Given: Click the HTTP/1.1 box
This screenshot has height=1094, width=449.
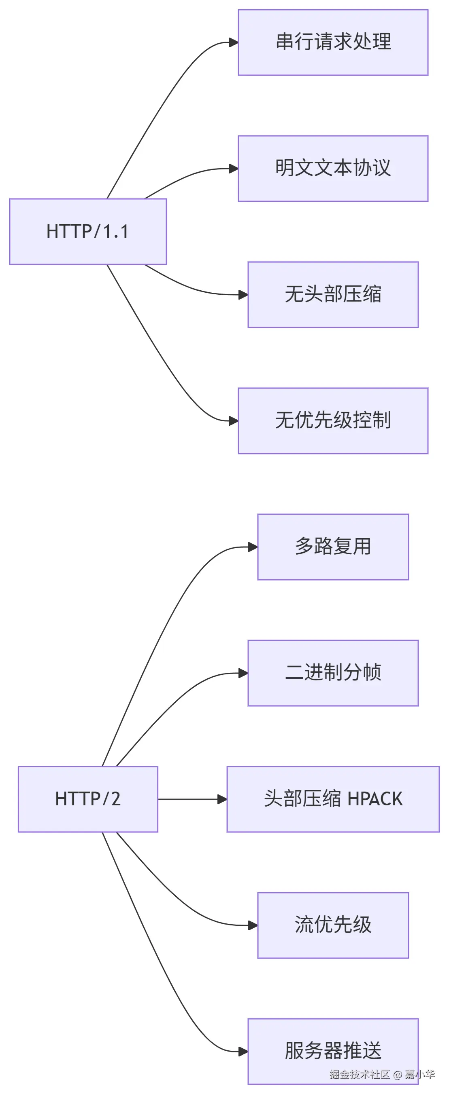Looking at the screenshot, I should (87, 232).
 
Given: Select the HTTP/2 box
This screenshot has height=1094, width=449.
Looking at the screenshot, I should (87, 799).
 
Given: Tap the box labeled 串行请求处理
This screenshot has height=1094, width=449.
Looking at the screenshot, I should (333, 42).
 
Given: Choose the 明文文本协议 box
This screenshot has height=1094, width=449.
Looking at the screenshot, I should (333, 168).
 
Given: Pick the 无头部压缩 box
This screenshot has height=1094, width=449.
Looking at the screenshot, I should (333, 294).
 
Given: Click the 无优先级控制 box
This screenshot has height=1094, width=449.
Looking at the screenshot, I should (333, 420).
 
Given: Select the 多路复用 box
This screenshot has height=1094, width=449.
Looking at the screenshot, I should (333, 547).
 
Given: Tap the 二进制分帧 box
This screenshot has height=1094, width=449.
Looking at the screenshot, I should (333, 673).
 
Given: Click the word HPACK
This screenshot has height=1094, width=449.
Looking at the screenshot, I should (375, 799).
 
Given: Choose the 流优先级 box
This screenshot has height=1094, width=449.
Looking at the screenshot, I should (333, 925).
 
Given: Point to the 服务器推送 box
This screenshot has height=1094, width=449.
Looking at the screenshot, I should (333, 1051).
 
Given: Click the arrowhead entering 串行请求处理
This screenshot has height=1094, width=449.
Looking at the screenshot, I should (234, 42).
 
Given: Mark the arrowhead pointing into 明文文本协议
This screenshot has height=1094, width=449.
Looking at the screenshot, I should (234, 169).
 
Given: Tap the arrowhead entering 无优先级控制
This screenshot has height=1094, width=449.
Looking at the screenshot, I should (234, 421).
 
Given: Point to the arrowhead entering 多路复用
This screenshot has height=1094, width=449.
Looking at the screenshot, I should (253, 547).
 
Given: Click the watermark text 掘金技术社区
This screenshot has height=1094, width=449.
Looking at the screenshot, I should (359, 1075).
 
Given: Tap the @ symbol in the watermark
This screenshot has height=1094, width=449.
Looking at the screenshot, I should (398, 1075).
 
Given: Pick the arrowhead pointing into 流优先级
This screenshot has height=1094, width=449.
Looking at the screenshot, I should (253, 925).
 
